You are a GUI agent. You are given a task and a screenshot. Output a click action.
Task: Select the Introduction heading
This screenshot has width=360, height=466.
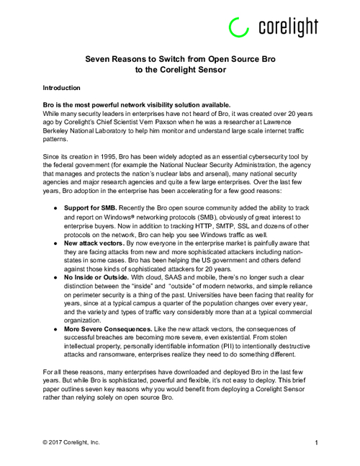pyautogui.click(x=64, y=87)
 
